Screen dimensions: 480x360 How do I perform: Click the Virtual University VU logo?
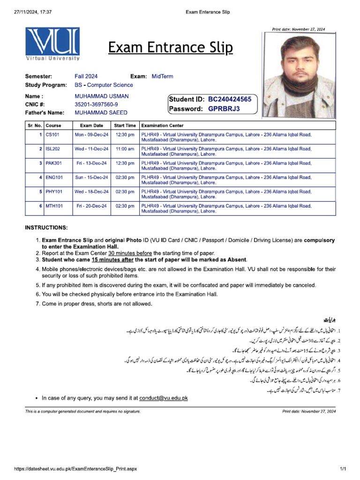tap(52, 44)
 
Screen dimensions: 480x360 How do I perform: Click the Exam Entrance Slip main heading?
tap(170, 48)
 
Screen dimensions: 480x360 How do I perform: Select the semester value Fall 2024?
tap(86, 76)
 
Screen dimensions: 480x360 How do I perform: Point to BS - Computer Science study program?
tap(104, 85)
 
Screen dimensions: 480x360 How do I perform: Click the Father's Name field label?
tap(45, 112)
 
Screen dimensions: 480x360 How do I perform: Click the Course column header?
tap(53, 126)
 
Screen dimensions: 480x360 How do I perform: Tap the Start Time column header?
tap(125, 126)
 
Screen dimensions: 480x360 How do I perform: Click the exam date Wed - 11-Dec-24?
tap(91, 149)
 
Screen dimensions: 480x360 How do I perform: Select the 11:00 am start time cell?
tap(125, 149)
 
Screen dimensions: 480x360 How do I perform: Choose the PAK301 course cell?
tap(53, 163)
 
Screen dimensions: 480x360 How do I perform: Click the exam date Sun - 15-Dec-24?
tap(91, 178)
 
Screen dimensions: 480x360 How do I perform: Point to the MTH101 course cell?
tap(54, 206)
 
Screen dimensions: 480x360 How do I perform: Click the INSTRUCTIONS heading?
tap(46, 228)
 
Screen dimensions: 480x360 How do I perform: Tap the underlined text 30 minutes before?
tap(132, 253)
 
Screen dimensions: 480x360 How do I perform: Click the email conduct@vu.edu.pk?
tap(163, 398)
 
